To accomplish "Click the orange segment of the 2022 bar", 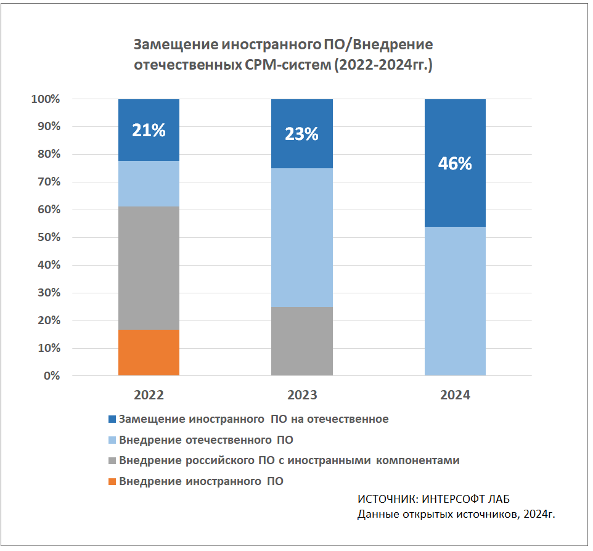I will pos(149,353).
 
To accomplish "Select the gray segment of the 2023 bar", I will pos(302,341).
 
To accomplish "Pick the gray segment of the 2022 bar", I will pos(149,268).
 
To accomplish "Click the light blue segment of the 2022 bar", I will pos(149,184).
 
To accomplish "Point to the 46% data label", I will pos(455,163).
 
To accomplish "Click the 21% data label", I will pos(149,130).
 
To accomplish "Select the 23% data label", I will pos(301,134).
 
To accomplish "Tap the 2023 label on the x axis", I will pos(301,395).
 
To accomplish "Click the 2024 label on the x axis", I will pos(455,395).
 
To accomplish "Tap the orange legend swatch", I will pos(112,481).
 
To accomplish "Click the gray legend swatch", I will pos(112,460).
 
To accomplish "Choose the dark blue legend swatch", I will pos(112,419).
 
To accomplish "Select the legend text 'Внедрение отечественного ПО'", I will pos(206,440).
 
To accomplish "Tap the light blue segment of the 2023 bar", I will pos(302,237).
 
